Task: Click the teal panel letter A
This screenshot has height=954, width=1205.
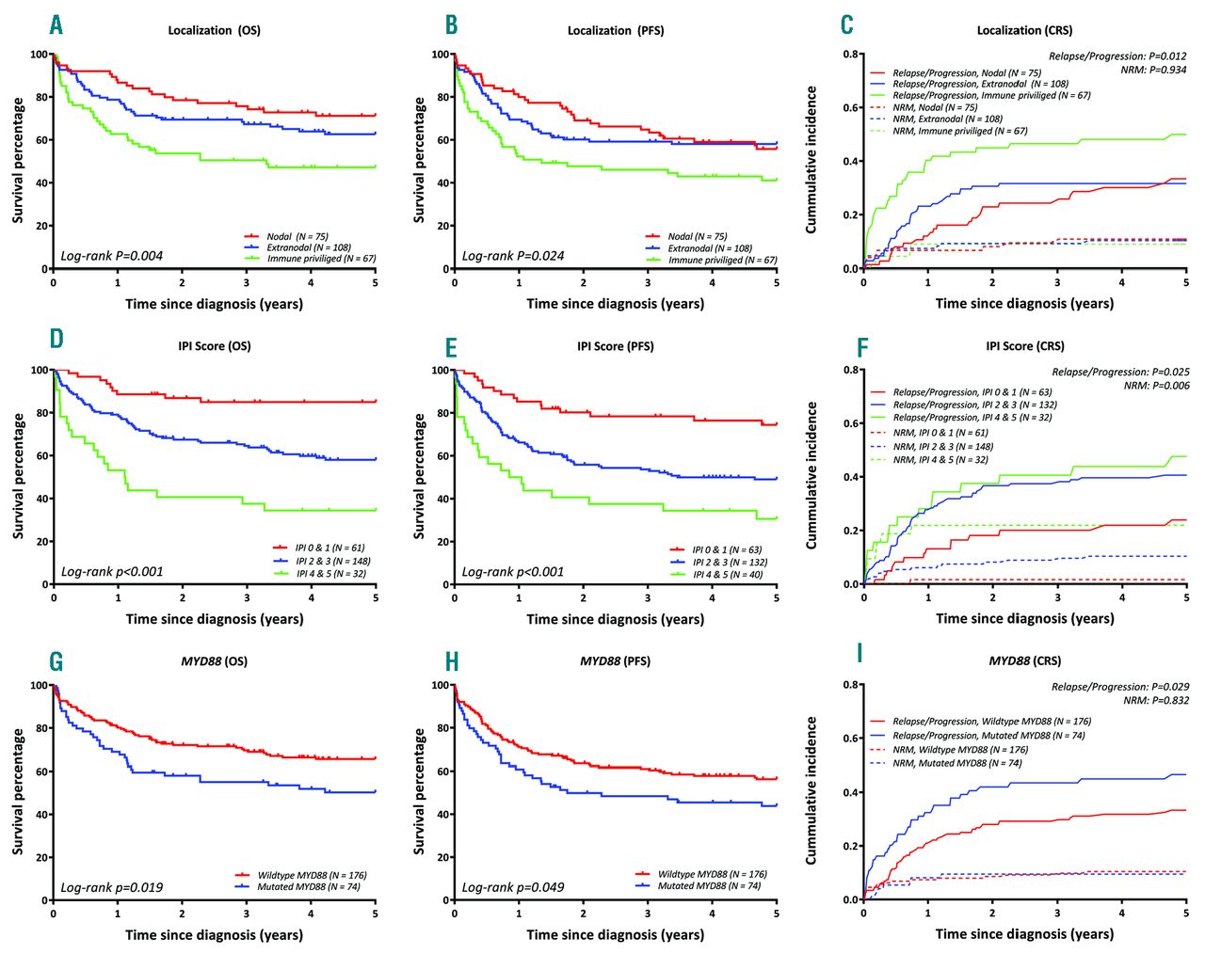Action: coord(56,25)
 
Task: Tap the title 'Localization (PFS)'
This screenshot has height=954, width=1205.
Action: coord(615,30)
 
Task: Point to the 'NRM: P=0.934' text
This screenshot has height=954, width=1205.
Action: coord(1153,70)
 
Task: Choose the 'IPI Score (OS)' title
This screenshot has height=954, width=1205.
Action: coord(215,345)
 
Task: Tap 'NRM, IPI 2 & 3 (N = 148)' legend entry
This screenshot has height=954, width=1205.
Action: coord(942,447)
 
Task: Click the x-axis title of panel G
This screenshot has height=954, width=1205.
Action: coord(215,934)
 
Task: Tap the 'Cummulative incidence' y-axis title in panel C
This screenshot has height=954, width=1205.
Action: coord(811,160)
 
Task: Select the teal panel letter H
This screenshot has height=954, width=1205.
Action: coord(452,661)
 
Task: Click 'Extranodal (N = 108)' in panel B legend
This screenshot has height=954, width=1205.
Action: coord(710,248)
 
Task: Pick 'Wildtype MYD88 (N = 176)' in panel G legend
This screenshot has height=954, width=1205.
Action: coord(312,875)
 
